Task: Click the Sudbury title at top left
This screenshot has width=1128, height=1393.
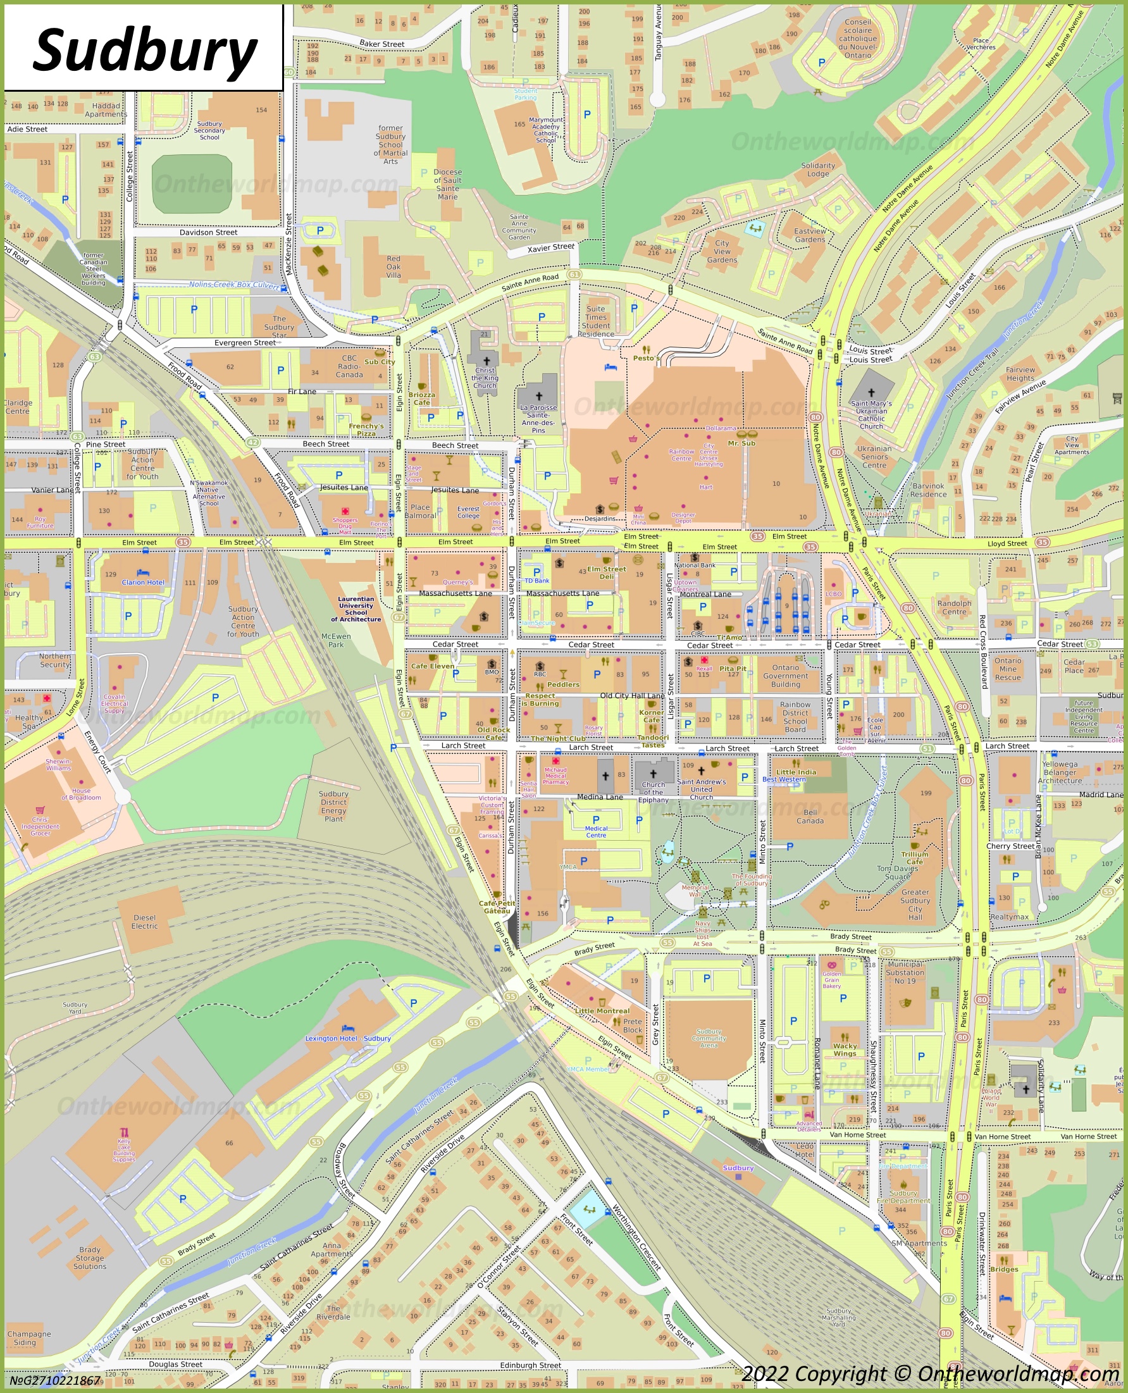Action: pos(144,51)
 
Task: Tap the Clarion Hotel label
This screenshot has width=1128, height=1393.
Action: pos(143,582)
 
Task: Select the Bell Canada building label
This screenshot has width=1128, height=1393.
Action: pos(810,817)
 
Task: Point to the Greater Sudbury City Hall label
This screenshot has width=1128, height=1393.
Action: pos(915,905)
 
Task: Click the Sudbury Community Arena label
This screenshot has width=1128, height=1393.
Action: pos(709,1038)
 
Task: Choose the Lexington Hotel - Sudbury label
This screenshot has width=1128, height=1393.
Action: pos(349,1038)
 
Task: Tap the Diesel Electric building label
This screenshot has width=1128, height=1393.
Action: pos(144,921)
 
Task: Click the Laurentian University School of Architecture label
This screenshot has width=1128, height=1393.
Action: pos(356,609)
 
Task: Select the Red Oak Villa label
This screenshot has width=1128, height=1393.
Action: pos(393,266)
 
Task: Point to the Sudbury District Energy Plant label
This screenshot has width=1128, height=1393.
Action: pos(333,807)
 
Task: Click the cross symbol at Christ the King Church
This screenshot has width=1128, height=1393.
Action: pos(486,361)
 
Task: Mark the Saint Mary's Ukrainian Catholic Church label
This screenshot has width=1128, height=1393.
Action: pos(871,414)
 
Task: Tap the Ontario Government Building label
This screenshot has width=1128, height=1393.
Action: pos(786,676)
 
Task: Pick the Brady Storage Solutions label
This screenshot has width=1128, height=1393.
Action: pos(90,1258)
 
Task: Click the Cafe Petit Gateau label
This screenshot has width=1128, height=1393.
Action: pos(497,907)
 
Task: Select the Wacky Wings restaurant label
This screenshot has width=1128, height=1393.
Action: pos(845,1050)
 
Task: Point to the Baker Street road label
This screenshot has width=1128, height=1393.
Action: pos(381,44)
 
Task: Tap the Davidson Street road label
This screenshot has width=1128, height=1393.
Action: pos(208,232)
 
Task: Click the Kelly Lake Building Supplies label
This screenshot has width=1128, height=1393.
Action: pos(124,1150)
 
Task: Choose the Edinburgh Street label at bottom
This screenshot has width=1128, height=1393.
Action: pos(530,1365)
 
